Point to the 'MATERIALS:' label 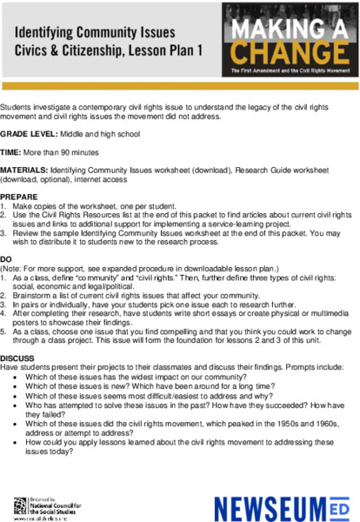[24, 172]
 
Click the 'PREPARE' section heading [18, 197]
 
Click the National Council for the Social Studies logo [49, 505]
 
